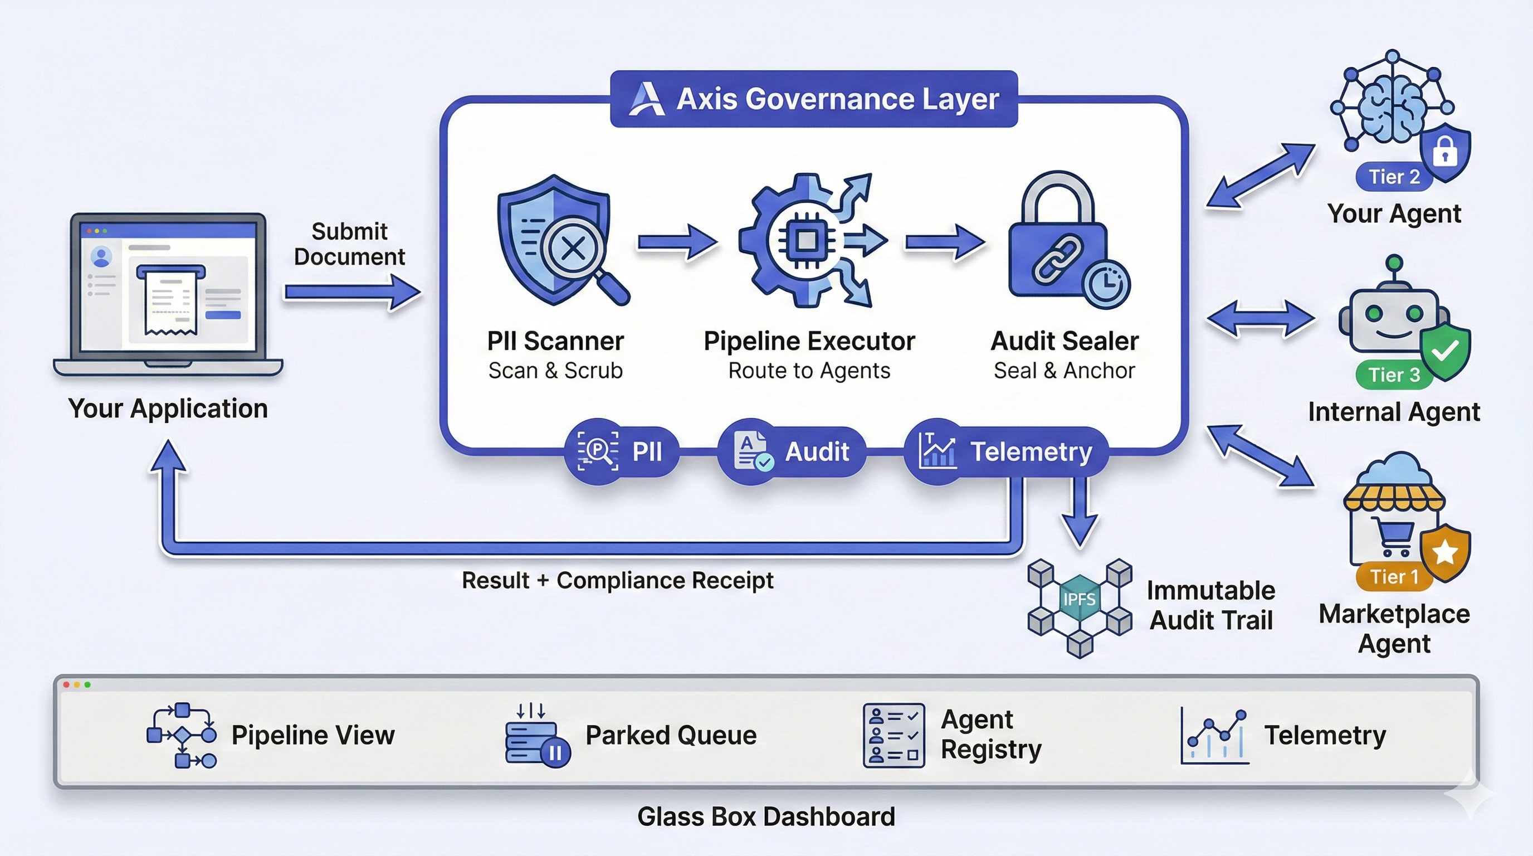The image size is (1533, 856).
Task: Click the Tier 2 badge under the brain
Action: pos(1394,177)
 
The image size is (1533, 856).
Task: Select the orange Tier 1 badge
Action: pos(1394,576)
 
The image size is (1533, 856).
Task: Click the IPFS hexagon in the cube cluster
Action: pos(1079,599)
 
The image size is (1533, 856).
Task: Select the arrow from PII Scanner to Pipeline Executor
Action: pos(677,242)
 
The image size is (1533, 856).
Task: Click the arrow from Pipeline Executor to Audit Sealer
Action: pos(944,242)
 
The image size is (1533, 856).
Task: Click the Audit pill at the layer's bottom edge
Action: pos(792,452)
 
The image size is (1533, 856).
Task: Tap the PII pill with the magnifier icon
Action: pos(622,452)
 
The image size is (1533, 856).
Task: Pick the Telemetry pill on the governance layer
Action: pos(1005,452)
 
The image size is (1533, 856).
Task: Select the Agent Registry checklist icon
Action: pos(894,736)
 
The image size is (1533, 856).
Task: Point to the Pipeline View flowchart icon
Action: pos(182,736)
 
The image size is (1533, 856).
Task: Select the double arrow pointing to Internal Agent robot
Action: pos(1261,319)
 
